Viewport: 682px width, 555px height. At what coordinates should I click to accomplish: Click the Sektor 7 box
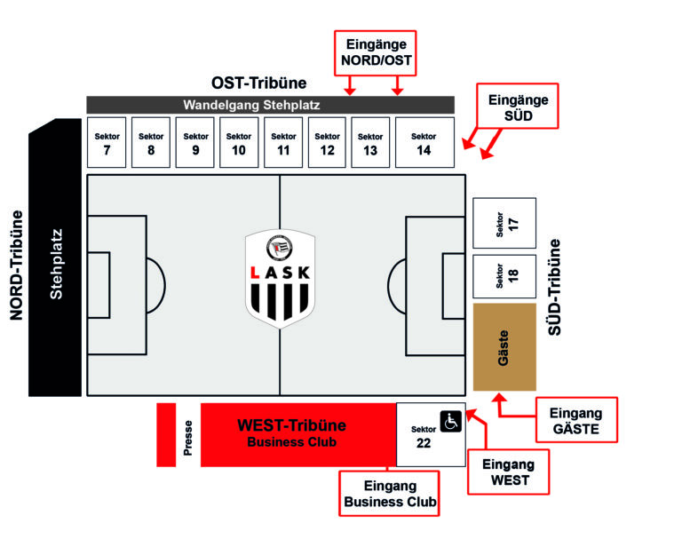(107, 142)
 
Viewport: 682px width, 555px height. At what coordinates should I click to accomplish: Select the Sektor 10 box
(239, 142)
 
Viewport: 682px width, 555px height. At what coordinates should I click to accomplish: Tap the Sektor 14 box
(424, 142)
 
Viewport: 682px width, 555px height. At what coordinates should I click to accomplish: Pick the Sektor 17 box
(504, 223)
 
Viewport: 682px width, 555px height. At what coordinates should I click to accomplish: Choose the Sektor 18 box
(504, 277)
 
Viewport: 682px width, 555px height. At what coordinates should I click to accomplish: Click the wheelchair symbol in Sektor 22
(450, 421)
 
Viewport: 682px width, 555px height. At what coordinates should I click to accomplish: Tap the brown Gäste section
(504, 346)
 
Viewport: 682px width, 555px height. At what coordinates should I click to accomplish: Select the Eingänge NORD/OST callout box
(375, 52)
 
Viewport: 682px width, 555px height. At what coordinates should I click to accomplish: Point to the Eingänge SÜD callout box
(519, 107)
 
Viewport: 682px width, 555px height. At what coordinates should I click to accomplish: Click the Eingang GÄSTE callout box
(576, 421)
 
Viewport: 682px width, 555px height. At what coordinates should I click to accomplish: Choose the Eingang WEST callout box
(509, 472)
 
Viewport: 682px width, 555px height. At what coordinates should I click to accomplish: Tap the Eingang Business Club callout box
(391, 493)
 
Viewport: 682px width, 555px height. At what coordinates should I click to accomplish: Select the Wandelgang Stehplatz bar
(270, 105)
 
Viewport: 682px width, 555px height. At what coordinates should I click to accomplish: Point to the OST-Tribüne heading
(258, 83)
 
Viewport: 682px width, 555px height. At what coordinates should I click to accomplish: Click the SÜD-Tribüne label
(556, 286)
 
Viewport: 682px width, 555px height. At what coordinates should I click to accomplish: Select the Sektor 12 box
(327, 142)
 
